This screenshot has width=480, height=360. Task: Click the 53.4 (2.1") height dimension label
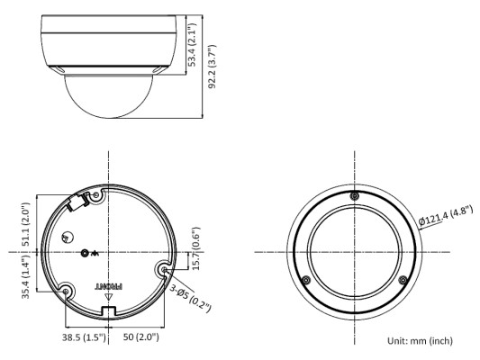[192, 45]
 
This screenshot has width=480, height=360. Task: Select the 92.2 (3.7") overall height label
[212, 67]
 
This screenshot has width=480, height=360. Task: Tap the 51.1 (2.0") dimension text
[26, 224]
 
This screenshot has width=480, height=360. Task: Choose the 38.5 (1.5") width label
[84, 337]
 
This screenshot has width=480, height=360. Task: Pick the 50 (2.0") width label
[141, 337]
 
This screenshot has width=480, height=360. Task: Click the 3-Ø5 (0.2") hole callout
[190, 299]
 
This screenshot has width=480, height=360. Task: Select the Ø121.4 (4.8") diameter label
[446, 216]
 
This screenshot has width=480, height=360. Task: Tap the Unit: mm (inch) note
[420, 340]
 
